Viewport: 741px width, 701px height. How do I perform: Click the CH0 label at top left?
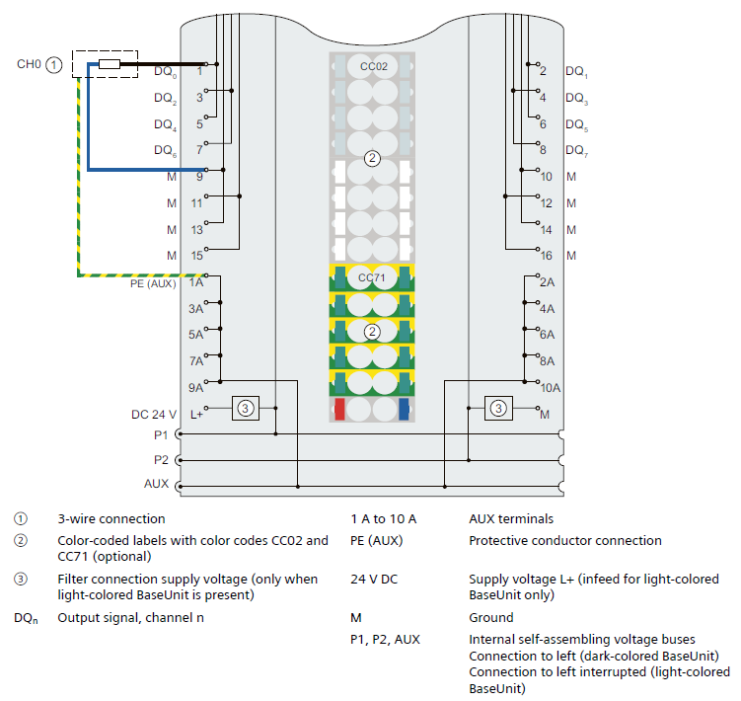[x=29, y=64]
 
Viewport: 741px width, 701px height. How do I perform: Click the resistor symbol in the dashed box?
[x=109, y=64]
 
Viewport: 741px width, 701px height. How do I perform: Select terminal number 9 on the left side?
[x=199, y=177]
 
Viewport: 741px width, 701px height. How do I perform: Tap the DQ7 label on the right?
[x=576, y=151]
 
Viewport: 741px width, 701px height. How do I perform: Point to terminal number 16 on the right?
[x=546, y=256]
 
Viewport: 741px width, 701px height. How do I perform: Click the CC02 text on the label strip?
[x=373, y=66]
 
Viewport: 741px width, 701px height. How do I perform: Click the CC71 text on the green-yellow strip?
[x=372, y=278]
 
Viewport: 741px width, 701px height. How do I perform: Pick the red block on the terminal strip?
[x=339, y=409]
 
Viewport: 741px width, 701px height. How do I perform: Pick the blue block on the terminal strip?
[x=404, y=409]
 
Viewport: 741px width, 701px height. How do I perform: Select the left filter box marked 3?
[x=246, y=407]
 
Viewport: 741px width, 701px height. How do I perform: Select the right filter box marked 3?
[x=498, y=407]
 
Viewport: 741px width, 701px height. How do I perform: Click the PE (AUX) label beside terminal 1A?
[x=153, y=283]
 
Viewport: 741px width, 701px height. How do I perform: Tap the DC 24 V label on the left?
[x=153, y=415]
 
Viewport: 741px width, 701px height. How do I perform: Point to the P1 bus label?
[x=161, y=433]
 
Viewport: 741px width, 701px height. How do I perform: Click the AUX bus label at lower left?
[x=157, y=485]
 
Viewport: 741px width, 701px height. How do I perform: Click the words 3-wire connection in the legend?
[x=111, y=519]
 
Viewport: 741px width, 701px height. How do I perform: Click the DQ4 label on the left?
[x=165, y=125]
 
